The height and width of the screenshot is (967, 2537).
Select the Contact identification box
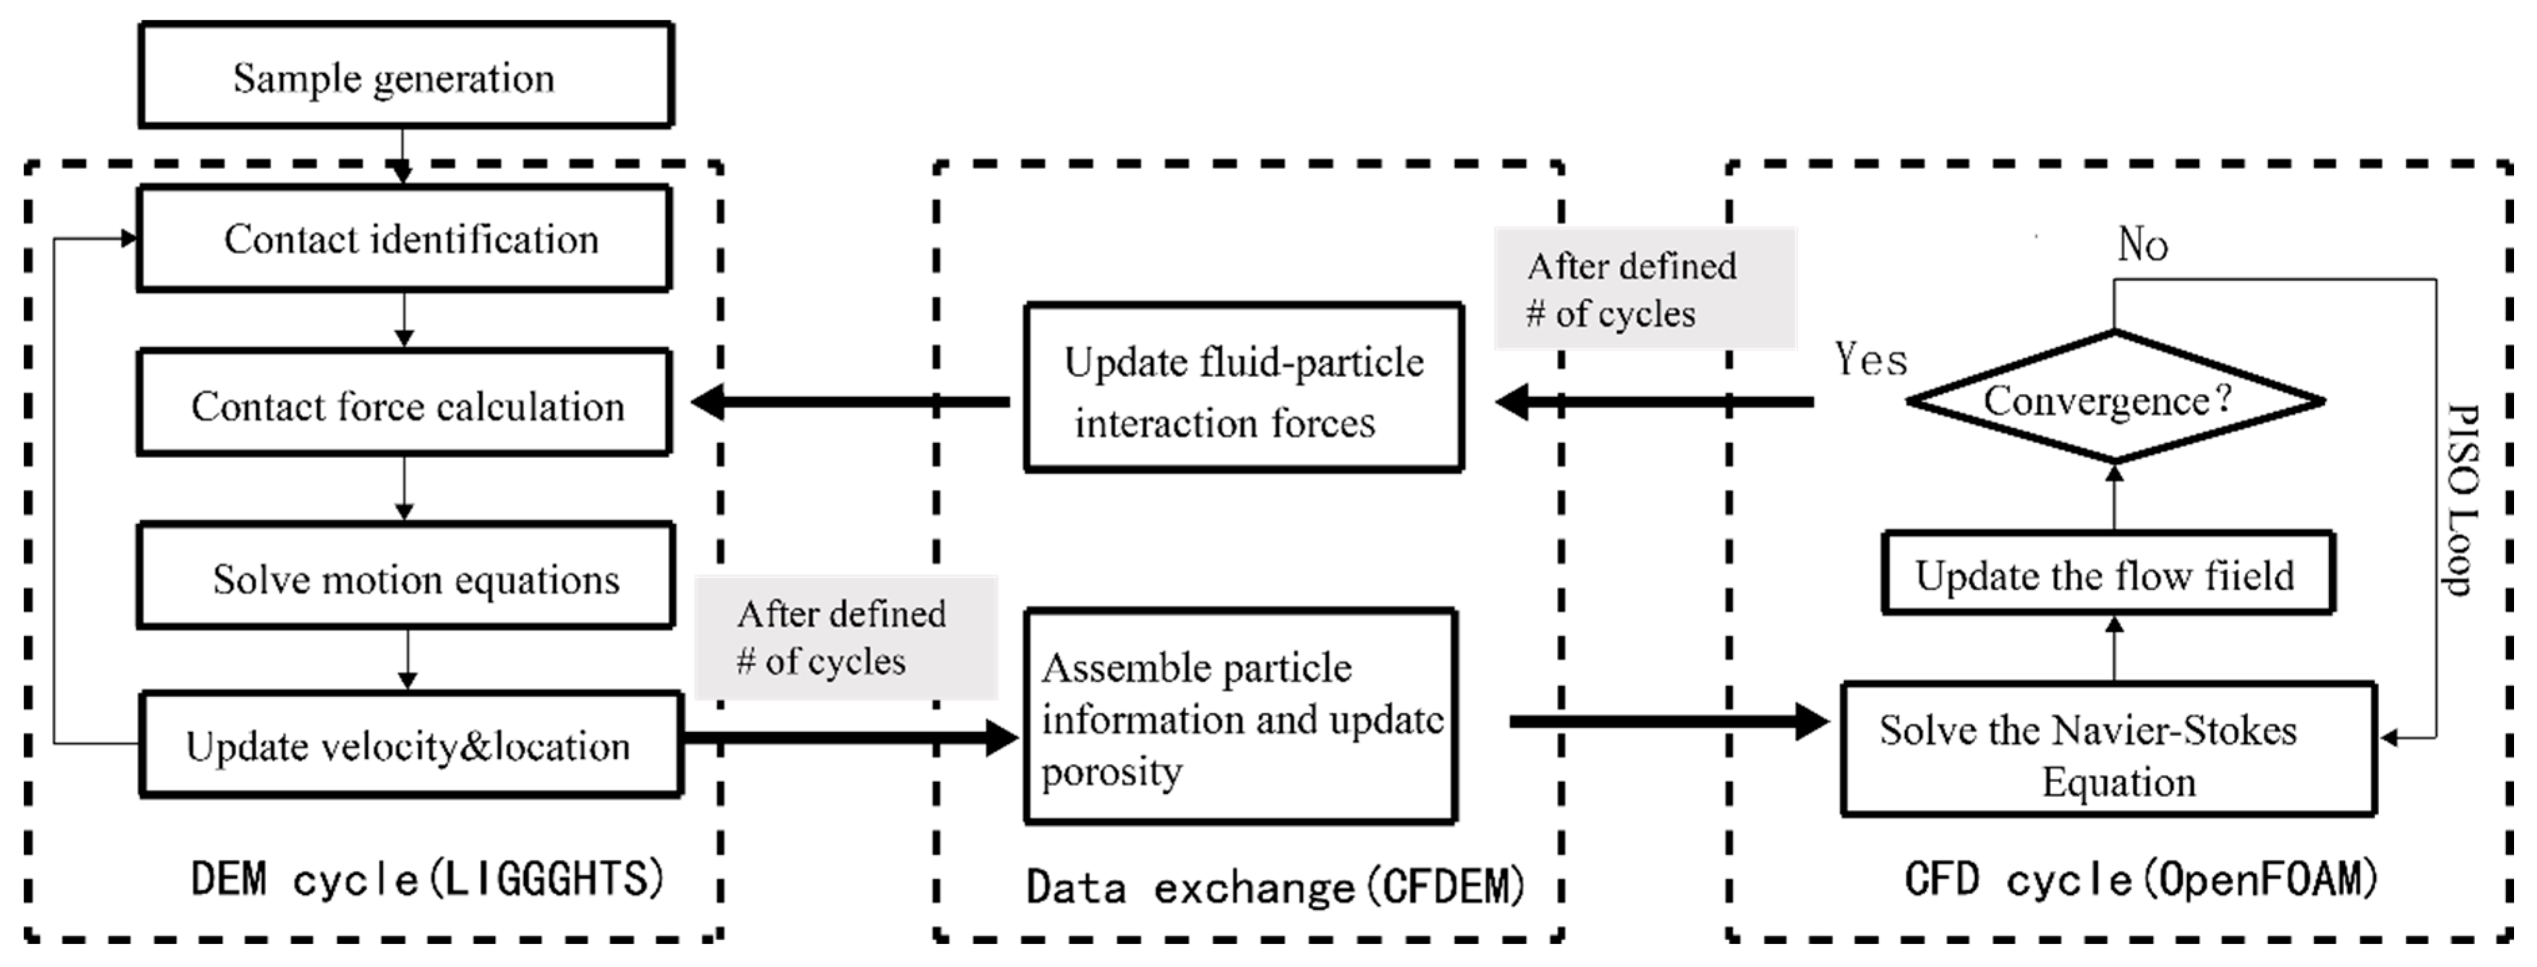pos(405,239)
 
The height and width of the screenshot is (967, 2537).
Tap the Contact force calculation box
pos(405,404)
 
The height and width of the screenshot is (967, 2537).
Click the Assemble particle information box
pos(1240,717)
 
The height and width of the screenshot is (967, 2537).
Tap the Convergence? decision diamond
pos(2113,400)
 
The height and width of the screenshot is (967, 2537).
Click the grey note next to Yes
pos(1644,288)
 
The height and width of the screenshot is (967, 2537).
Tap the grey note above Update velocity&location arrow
pos(845,637)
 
